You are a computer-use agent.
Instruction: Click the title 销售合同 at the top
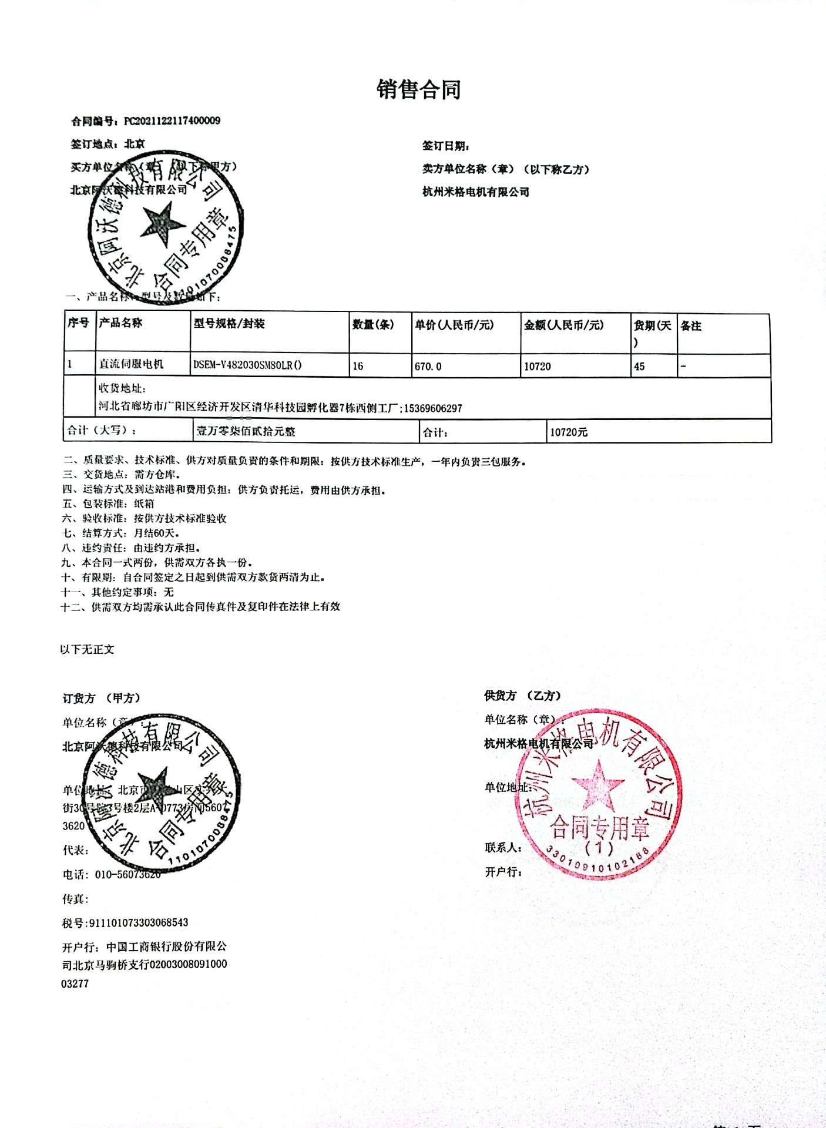pyautogui.click(x=418, y=90)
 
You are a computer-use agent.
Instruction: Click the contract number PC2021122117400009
pyautogui.click(x=172, y=121)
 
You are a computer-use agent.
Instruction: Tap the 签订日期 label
pyautogui.click(x=445, y=146)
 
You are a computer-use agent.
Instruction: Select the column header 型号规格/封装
pyautogui.click(x=229, y=324)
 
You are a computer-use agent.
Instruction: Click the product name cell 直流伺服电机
pyautogui.click(x=131, y=364)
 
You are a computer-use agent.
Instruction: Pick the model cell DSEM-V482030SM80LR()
pyautogui.click(x=247, y=365)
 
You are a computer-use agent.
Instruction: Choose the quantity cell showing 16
pyautogui.click(x=358, y=366)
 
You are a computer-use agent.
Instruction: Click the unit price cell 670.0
pyautogui.click(x=428, y=367)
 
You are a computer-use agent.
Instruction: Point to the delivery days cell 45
pyautogui.click(x=639, y=367)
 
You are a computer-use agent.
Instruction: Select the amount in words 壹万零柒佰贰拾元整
pyautogui.click(x=246, y=431)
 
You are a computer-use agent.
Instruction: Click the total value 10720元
pyautogui.click(x=568, y=432)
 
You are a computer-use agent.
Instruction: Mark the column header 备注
pyautogui.click(x=691, y=326)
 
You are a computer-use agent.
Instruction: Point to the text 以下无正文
pyautogui.click(x=87, y=649)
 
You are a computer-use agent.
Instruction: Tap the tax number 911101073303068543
pyautogui.click(x=138, y=922)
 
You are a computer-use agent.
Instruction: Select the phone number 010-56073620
pyautogui.click(x=127, y=874)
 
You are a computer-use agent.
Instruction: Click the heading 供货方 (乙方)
pyautogui.click(x=522, y=696)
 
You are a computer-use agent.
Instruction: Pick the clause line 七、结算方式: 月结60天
pyautogui.click(x=122, y=533)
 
